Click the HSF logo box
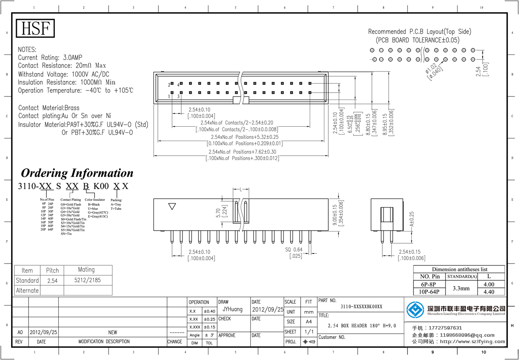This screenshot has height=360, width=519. click(35, 28)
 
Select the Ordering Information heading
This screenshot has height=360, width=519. click(77, 173)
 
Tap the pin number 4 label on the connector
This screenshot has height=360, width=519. click(178, 84)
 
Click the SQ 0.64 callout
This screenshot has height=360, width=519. click(294, 249)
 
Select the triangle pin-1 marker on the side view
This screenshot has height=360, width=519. click(172, 207)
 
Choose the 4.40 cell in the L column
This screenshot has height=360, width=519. click(488, 292)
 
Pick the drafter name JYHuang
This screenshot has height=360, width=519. click(233, 310)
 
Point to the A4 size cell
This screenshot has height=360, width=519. click(308, 322)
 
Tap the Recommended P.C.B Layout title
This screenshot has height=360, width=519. click(419, 32)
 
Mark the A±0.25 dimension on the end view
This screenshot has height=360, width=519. click(412, 220)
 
